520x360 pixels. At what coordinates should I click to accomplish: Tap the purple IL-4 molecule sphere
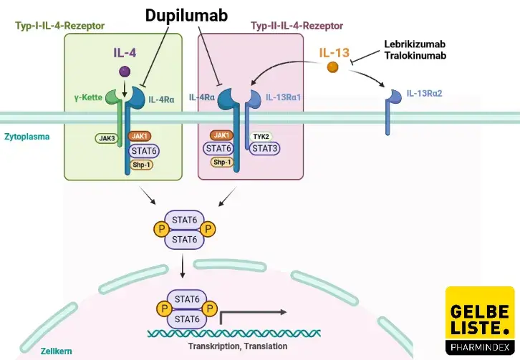click(125, 71)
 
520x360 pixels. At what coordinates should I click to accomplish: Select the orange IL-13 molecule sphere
click(332, 67)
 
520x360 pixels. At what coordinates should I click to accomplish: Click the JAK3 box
click(107, 139)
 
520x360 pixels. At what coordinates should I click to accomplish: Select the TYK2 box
click(261, 135)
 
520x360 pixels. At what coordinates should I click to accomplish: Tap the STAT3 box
click(264, 148)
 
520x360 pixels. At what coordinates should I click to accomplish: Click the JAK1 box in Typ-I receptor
click(140, 135)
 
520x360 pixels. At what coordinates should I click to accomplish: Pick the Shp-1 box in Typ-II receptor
click(222, 162)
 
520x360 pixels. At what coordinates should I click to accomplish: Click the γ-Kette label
click(87, 97)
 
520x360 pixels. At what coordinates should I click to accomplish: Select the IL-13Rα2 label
click(425, 94)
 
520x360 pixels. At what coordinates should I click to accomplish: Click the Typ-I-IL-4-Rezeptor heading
click(59, 26)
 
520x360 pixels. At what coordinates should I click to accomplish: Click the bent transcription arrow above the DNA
click(251, 313)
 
